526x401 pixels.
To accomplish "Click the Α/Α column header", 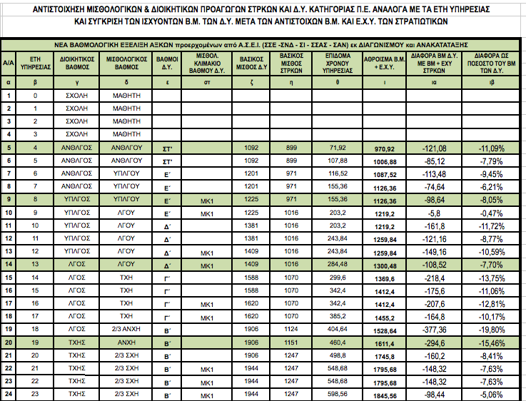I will pyautogui.click(x=9, y=63).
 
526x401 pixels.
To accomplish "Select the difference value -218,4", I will pyautogui.click(x=436, y=277).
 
